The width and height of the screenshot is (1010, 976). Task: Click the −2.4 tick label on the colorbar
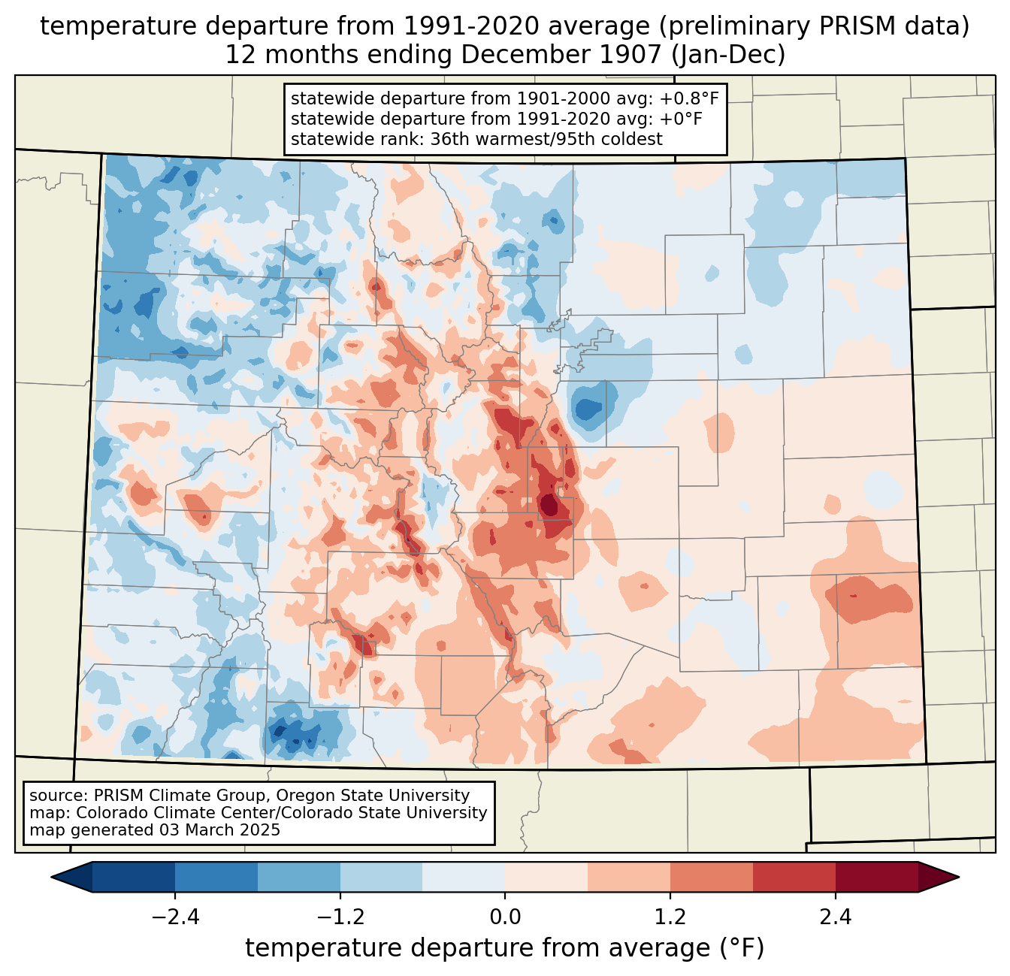tap(175, 917)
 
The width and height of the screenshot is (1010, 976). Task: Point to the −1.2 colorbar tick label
tap(340, 917)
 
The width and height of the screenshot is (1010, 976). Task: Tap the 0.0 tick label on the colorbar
tap(505, 917)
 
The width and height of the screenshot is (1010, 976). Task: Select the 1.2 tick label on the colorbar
tap(670, 917)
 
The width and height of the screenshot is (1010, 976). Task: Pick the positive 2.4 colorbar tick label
tap(835, 917)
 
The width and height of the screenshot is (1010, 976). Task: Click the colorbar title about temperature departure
tap(504, 948)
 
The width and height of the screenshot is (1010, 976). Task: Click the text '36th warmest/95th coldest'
tap(546, 139)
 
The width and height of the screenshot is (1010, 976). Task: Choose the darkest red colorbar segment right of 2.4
tap(876, 877)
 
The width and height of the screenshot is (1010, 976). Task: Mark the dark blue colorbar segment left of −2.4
tap(134, 877)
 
